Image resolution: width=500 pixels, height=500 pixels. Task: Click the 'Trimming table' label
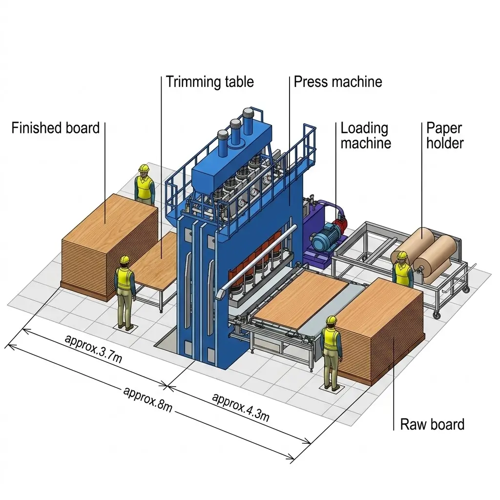point(209,81)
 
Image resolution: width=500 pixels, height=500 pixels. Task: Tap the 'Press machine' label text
point(338,81)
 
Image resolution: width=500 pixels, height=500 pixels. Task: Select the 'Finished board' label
point(55,128)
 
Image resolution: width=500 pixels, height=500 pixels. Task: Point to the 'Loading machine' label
point(365,136)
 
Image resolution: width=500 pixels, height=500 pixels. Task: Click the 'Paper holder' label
point(444,135)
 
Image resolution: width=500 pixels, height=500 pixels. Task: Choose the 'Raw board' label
point(432,424)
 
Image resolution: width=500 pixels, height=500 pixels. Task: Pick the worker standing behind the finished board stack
point(144,185)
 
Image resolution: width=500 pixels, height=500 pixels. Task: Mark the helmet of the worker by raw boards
point(332,320)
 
